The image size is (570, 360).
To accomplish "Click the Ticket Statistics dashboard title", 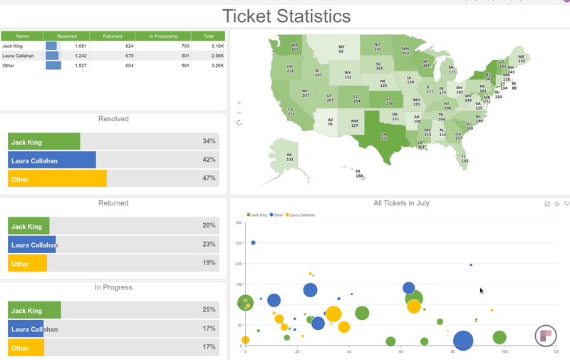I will point(286,16).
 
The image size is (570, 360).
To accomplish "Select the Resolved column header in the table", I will point(66,36).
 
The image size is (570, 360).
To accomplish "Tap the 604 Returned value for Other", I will point(129,66).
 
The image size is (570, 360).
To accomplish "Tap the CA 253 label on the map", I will point(291,111).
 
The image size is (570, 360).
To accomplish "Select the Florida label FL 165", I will point(465,158).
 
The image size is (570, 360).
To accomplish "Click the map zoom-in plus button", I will point(239,103).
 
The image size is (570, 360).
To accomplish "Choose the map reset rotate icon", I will point(239,123).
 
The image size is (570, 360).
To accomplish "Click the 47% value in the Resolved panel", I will point(209,179).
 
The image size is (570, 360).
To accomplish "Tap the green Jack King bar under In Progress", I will point(34,311).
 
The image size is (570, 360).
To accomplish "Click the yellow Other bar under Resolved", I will point(57,179).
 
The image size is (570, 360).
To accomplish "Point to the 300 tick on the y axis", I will point(239,223).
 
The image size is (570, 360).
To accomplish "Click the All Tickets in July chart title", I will point(401,203).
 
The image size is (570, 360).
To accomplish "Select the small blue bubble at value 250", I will point(253,242).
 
